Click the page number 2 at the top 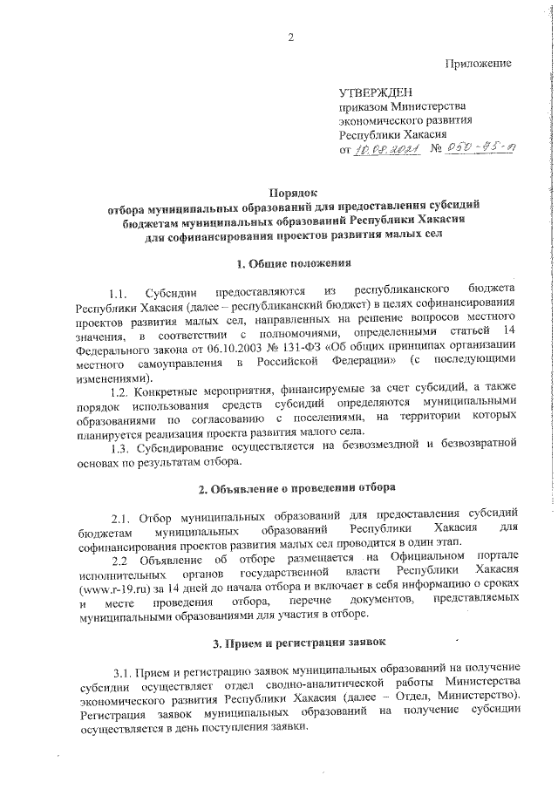tap(290, 36)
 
